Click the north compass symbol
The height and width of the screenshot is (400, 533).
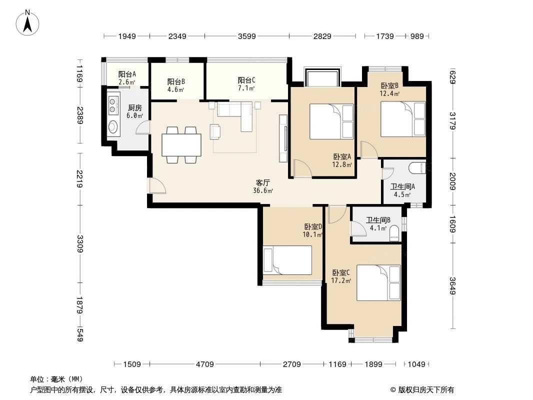click(29, 22)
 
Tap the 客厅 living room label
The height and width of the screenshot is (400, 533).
click(263, 182)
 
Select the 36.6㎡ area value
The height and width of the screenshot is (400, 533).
click(263, 190)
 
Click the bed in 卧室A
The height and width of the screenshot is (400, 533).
click(331, 121)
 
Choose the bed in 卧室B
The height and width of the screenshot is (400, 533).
click(403, 118)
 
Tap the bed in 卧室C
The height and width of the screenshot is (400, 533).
click(378, 282)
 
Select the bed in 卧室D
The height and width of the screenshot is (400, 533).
click(287, 260)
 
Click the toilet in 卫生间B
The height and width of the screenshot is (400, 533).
click(394, 232)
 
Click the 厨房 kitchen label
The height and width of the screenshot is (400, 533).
click(135, 107)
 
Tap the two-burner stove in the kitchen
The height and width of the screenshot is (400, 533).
click(113, 103)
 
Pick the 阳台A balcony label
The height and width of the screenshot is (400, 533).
click(127, 74)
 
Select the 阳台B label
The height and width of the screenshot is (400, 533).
click(176, 81)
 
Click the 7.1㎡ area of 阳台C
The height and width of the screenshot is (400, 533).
click(246, 88)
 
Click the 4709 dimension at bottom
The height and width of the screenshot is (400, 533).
click(205, 364)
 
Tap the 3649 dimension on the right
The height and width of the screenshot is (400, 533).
click(452, 286)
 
